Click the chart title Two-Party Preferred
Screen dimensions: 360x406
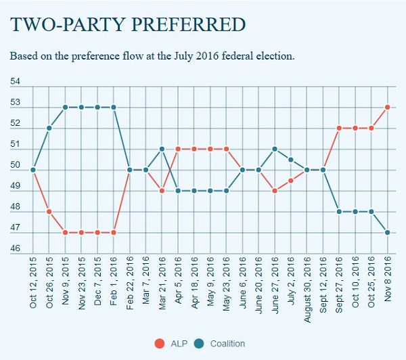coord(127,25)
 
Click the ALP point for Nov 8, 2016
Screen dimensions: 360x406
coord(388,107)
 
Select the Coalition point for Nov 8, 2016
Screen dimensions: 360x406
coord(388,232)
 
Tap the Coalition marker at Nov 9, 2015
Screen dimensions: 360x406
coord(66,107)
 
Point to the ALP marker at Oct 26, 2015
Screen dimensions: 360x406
coord(49,211)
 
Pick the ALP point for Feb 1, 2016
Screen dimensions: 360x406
coord(114,232)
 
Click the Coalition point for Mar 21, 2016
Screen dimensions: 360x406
coord(162,149)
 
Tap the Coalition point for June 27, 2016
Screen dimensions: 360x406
coord(275,149)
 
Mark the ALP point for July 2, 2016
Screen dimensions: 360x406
coord(291,180)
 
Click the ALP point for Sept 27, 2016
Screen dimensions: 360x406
coord(339,128)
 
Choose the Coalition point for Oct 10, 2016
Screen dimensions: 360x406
coord(355,211)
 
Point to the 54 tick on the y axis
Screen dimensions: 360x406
coord(16,82)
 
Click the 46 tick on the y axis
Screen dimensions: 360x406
coord(16,249)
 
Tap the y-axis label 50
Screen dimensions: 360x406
coord(16,165)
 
